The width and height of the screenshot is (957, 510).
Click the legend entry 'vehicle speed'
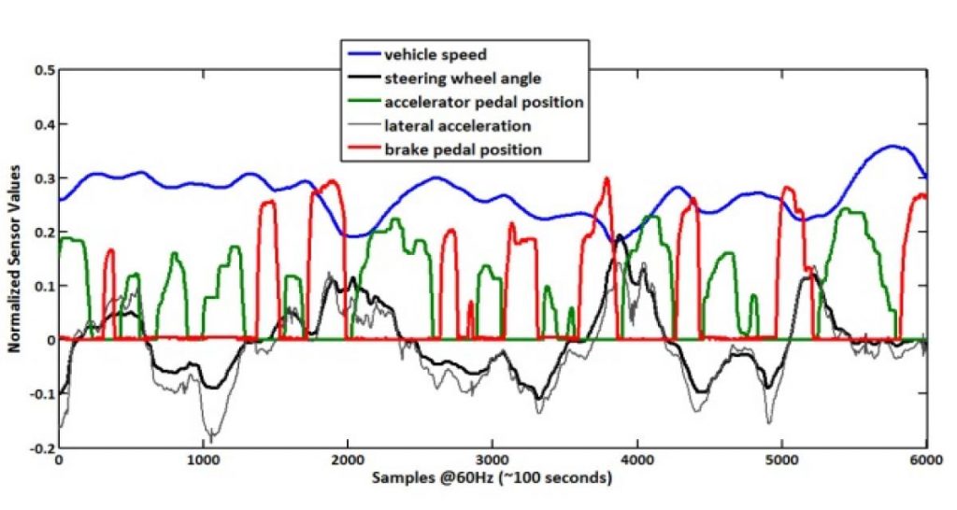[x=436, y=55]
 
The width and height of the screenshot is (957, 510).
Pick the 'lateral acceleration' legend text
[x=458, y=125]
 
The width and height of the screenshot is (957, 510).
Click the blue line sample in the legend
[x=362, y=55]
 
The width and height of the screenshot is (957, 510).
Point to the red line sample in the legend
[x=362, y=149]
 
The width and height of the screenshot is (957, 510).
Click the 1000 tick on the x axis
[x=203, y=461]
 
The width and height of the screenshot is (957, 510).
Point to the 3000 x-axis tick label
[x=492, y=461]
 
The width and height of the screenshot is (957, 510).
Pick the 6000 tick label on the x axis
[x=925, y=461]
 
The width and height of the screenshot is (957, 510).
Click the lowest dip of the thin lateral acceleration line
[x=213, y=440]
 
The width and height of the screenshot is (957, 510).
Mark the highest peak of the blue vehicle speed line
[x=893, y=146]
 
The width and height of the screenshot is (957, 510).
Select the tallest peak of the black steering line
[x=621, y=237]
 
